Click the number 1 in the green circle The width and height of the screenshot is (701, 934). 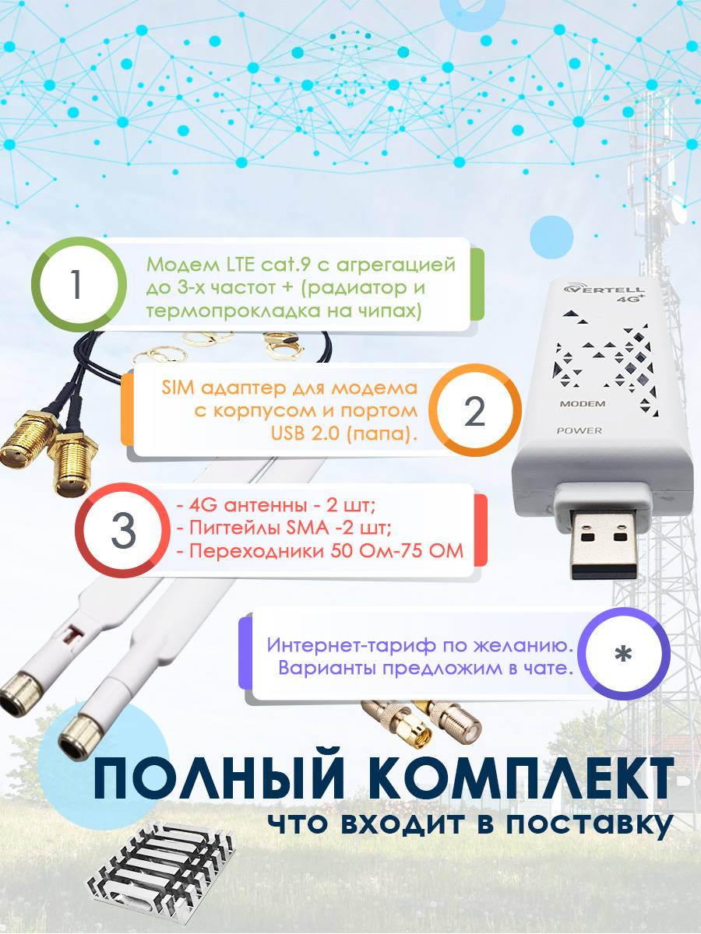[76, 284]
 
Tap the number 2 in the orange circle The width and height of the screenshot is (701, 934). [474, 411]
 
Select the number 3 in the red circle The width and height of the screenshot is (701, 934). [123, 531]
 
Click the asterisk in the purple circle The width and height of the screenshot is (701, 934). [623, 654]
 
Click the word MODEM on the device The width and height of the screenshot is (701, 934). [583, 403]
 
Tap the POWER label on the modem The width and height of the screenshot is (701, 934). [579, 430]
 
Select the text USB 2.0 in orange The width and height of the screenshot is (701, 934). [305, 434]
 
